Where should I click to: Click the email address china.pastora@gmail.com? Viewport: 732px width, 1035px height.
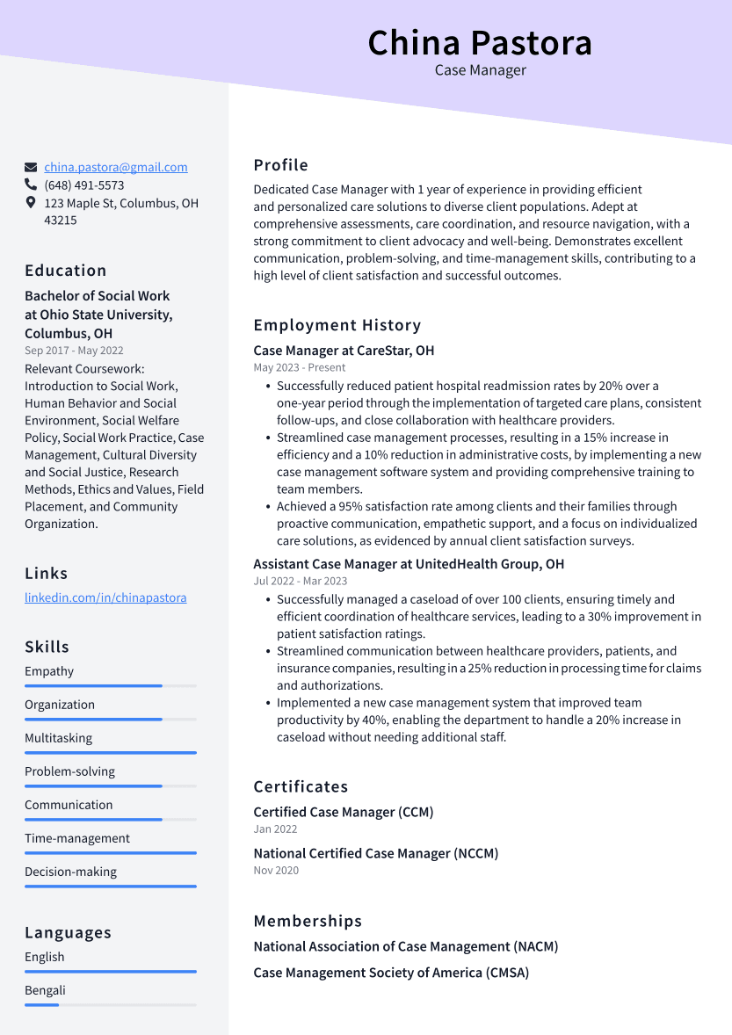point(116,167)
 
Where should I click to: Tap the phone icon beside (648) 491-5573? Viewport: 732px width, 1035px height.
point(31,185)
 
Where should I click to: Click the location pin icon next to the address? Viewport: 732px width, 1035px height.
point(31,203)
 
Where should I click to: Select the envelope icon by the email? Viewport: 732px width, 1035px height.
point(31,167)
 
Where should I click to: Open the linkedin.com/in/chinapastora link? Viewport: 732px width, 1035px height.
point(105,597)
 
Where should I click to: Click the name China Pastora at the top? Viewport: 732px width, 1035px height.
point(480,43)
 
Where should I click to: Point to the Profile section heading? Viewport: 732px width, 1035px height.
point(280,165)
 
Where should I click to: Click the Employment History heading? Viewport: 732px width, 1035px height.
point(337,325)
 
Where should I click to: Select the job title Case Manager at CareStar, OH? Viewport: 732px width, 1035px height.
point(344,351)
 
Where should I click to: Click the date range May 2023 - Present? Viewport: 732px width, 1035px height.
point(300,367)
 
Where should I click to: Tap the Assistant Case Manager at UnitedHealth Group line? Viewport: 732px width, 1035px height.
point(409,564)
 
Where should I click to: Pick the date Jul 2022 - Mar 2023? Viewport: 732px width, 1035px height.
point(300,581)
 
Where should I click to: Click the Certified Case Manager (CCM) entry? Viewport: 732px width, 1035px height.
point(344,812)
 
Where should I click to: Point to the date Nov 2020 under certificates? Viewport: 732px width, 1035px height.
point(276,870)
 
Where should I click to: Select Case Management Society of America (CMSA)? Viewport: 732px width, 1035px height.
point(391,973)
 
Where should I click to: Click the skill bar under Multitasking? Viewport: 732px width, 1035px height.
point(110,752)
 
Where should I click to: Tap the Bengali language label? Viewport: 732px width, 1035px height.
point(45,990)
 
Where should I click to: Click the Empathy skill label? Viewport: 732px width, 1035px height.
point(49,671)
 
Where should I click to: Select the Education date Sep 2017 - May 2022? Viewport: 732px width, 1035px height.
point(74,351)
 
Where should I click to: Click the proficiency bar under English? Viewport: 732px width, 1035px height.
point(110,971)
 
